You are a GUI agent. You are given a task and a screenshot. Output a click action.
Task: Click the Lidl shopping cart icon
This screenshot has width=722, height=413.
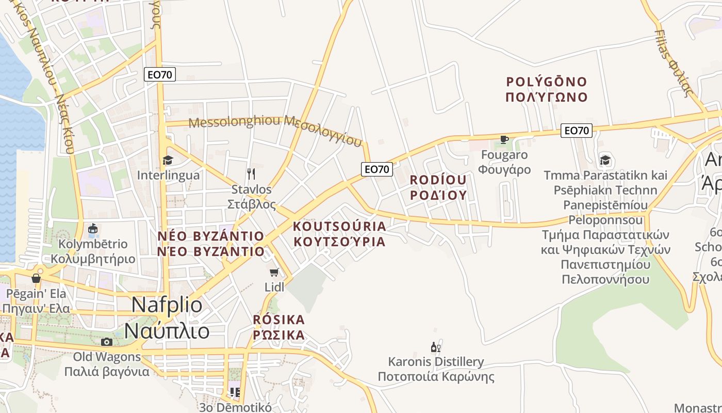point(274,272)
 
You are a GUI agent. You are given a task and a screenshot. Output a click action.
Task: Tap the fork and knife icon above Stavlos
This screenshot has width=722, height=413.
point(251,173)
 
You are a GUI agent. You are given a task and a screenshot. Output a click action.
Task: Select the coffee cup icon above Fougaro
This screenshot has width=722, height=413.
point(504,139)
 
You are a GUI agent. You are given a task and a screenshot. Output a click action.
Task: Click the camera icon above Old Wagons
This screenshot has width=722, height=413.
point(107,342)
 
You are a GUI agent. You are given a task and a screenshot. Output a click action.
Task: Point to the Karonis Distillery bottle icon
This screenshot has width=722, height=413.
point(436,347)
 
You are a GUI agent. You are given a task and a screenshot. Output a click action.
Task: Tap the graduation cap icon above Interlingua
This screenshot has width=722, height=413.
point(168,160)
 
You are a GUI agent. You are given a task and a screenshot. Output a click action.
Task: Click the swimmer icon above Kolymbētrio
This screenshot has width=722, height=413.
point(93,229)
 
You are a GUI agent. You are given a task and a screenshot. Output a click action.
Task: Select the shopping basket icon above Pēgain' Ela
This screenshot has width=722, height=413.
point(36,278)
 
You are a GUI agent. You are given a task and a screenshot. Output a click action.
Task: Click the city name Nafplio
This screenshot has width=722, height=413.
point(167,305)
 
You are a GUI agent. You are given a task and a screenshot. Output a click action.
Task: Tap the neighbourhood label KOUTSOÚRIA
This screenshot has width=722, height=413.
point(339,227)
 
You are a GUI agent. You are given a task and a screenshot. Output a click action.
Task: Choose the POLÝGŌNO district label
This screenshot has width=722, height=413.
point(547,82)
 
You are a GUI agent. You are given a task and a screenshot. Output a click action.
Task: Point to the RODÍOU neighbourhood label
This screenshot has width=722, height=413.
point(438,180)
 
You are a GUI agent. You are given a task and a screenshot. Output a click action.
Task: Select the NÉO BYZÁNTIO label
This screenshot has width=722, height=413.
point(211,236)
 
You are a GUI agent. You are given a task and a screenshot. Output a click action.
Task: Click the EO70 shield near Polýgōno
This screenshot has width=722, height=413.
point(576,131)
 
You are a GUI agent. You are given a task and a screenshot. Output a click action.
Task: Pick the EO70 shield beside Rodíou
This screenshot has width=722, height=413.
point(377,169)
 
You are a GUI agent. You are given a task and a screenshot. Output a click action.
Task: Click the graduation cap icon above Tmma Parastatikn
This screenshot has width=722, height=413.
point(605,160)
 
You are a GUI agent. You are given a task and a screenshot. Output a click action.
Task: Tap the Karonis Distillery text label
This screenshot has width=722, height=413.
point(436,361)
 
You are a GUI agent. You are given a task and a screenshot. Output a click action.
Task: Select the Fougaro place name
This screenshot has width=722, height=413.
point(504,155)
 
